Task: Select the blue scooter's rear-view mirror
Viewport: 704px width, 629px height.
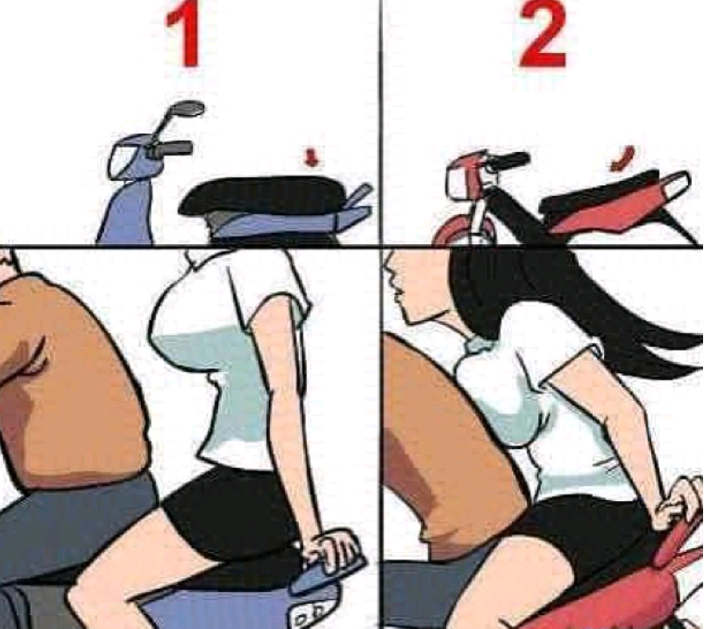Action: [x=188, y=109]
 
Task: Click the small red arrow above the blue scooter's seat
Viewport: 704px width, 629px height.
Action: [x=311, y=159]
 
